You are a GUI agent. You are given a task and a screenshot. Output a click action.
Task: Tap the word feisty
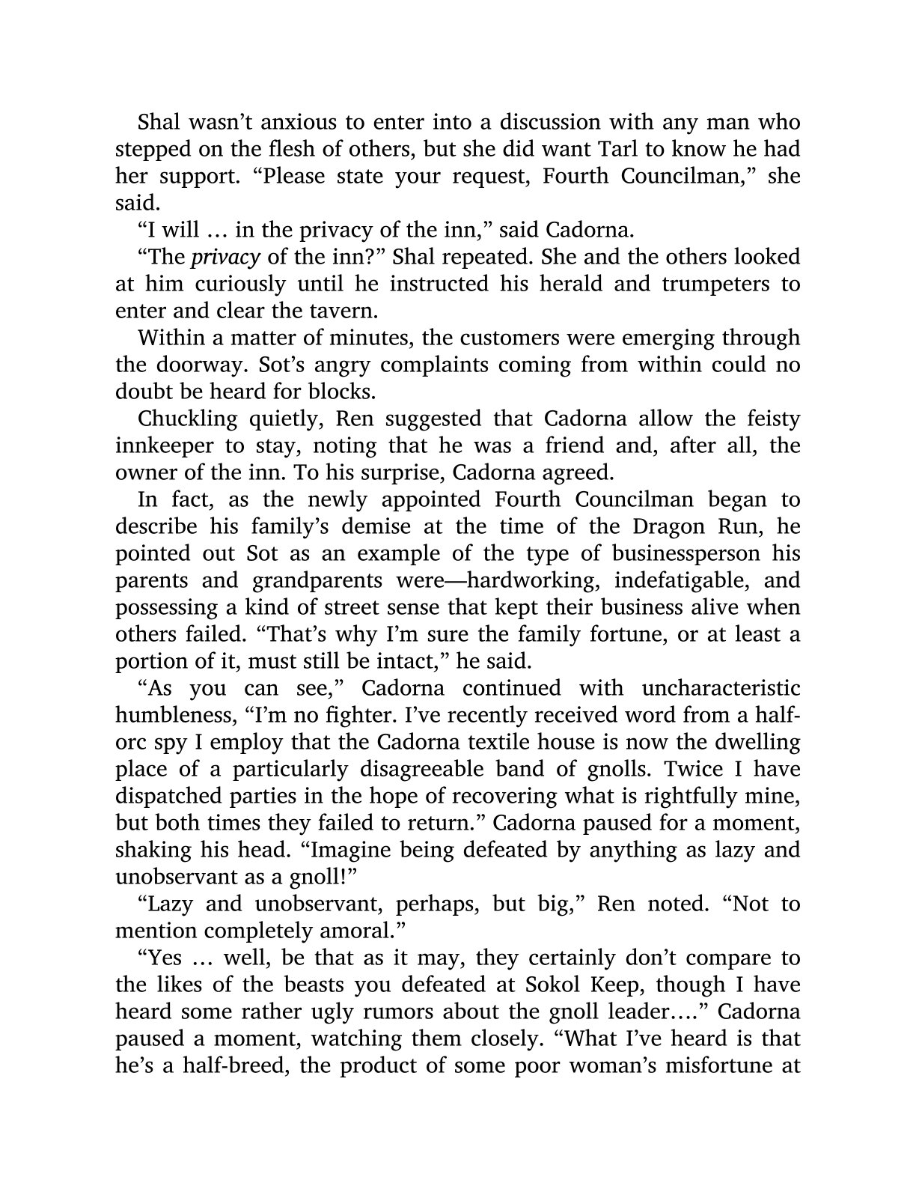(x=772, y=419)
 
